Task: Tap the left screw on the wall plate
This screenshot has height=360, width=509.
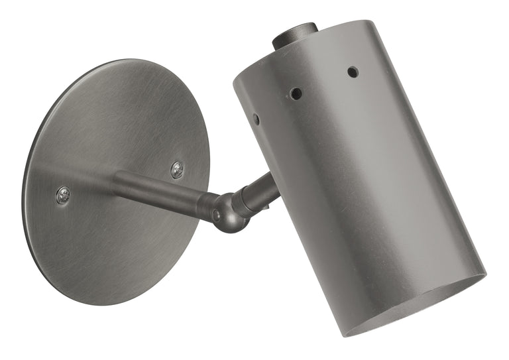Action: [63, 195]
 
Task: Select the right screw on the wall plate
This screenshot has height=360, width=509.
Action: [177, 170]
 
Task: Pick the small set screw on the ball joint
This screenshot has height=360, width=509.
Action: [216, 215]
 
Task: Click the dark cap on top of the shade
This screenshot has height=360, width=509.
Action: [294, 34]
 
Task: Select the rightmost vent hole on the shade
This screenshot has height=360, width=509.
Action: [353, 72]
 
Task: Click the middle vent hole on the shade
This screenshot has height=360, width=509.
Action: [296, 93]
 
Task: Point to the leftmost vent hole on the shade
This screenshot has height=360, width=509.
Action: [256, 119]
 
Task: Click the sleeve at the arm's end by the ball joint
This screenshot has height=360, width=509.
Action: [207, 205]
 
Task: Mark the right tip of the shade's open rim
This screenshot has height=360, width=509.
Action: [484, 272]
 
